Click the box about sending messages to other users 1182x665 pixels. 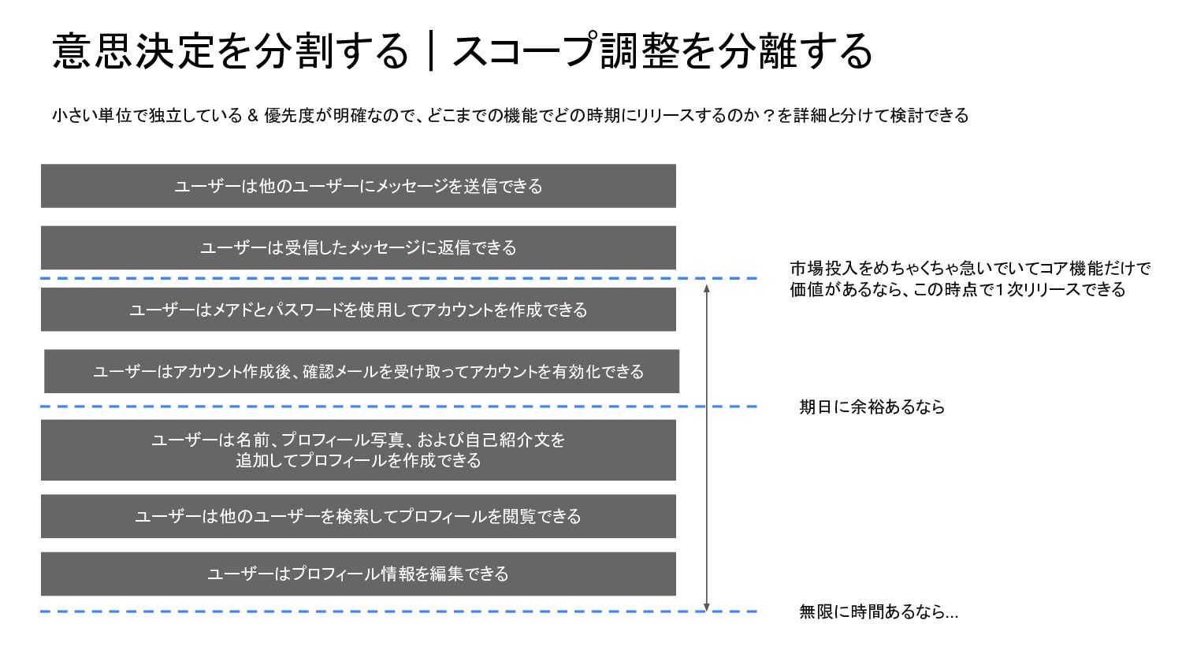click(x=359, y=186)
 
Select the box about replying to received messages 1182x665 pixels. click(x=359, y=247)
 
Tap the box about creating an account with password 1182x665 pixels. click(x=359, y=310)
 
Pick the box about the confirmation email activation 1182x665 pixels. click(x=362, y=371)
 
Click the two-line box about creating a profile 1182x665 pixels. click(x=359, y=450)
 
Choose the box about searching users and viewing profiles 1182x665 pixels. click(x=359, y=516)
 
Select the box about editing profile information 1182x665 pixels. click(x=359, y=574)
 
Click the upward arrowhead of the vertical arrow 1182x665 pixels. click(x=707, y=288)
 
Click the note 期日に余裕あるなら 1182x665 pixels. click(x=872, y=407)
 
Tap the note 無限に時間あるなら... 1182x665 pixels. click(x=878, y=611)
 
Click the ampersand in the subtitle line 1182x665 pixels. click(x=253, y=116)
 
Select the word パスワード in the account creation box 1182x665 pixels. click(x=304, y=310)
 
